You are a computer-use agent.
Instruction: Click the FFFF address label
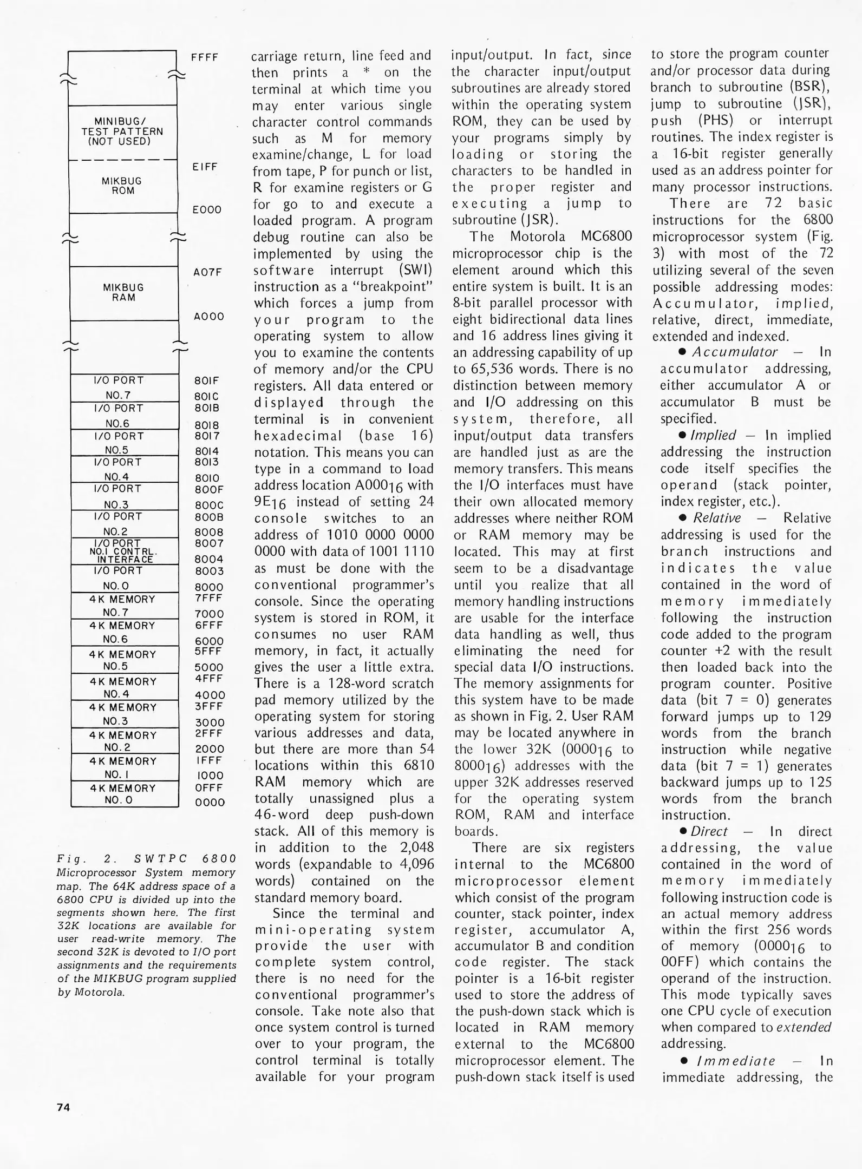pyautogui.click(x=205, y=57)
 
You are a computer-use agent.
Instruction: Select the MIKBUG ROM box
pyautogui.click(x=123, y=186)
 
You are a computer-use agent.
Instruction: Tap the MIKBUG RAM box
pyautogui.click(x=124, y=293)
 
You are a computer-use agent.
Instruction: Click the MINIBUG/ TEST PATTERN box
pyautogui.click(x=123, y=132)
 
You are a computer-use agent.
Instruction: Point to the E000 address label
pyautogui.click(x=207, y=209)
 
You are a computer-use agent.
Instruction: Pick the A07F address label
pyautogui.click(x=208, y=272)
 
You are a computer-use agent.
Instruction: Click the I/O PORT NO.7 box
pyautogui.click(x=125, y=388)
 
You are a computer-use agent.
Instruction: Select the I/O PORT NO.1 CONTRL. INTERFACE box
pyautogui.click(x=125, y=551)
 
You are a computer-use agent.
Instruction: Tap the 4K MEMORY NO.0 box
pyautogui.click(x=125, y=794)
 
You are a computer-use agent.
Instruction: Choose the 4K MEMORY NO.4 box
pyautogui.click(x=125, y=687)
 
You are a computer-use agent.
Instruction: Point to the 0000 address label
pyautogui.click(x=210, y=803)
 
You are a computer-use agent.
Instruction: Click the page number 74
pyautogui.click(x=63, y=1107)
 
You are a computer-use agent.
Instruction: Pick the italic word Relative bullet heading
pyautogui.click(x=717, y=518)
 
